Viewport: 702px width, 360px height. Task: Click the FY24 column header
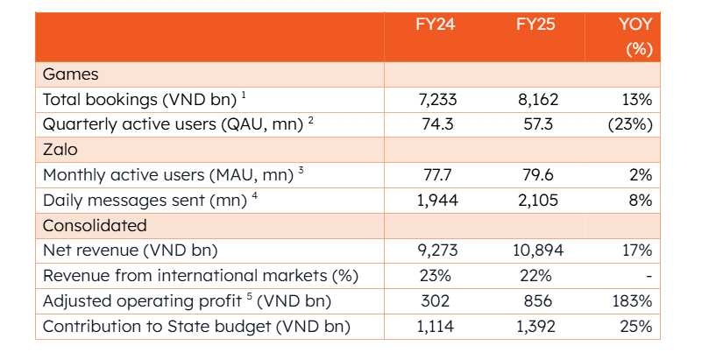point(436,25)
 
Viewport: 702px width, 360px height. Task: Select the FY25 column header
point(535,25)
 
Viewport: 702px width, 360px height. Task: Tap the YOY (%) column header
point(635,36)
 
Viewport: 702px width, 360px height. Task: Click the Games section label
point(71,74)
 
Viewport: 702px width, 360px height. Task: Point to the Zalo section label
point(60,150)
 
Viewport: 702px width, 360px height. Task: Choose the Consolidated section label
point(95,225)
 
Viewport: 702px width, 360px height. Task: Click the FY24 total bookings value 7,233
point(437,99)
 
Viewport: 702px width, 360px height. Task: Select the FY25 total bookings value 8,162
point(539,99)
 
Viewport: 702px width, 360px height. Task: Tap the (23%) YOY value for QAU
point(630,124)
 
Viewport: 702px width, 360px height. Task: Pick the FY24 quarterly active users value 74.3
point(438,124)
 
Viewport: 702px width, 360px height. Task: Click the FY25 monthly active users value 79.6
point(538,175)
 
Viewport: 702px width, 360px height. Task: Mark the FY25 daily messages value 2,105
point(539,200)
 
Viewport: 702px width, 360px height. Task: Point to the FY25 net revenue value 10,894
point(539,251)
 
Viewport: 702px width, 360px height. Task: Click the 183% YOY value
point(632,301)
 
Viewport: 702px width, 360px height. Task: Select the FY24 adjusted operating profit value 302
point(436,301)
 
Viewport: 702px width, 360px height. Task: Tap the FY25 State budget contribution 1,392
point(535,327)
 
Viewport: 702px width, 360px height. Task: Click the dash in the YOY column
point(649,277)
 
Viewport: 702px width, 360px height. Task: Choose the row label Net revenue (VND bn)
point(131,251)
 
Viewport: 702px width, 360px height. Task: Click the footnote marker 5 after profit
point(250,297)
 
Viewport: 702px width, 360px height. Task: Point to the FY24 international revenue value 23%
point(436,276)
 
